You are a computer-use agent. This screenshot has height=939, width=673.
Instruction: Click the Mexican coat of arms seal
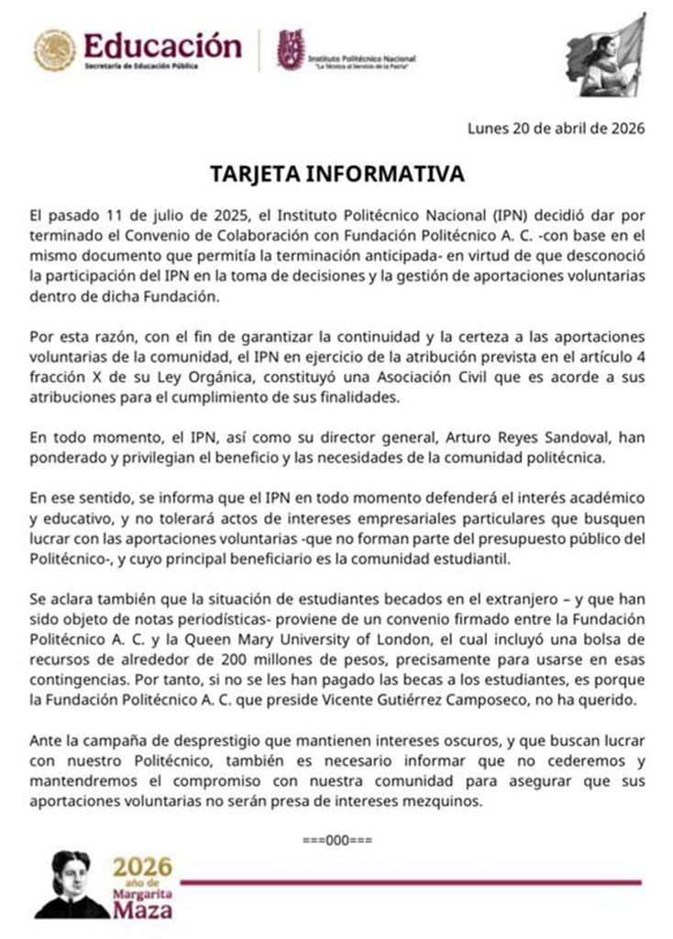(x=55, y=50)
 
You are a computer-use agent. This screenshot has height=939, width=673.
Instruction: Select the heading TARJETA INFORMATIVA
(x=336, y=173)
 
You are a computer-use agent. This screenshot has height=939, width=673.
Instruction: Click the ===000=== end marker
(x=336, y=840)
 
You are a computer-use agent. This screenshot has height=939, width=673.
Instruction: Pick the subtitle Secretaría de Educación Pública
(x=148, y=68)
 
